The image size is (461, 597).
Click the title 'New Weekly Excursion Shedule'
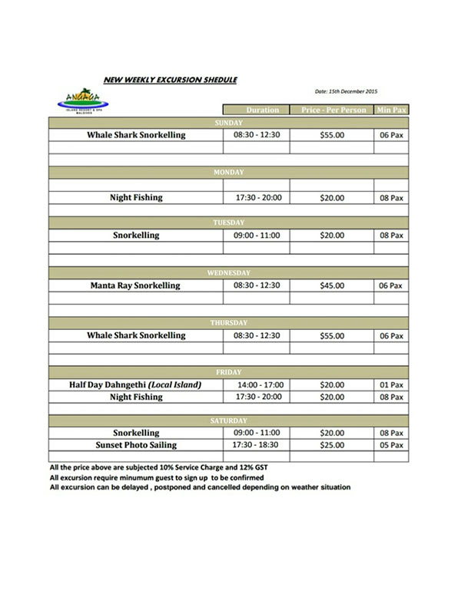pyautogui.click(x=170, y=78)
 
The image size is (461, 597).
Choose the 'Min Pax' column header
pyautogui.click(x=391, y=110)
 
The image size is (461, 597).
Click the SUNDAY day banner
pyautogui.click(x=228, y=123)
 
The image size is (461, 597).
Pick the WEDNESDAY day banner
pyautogui.click(x=228, y=272)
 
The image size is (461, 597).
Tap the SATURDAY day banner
pyautogui.click(x=228, y=421)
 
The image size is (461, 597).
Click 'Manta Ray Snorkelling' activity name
pyautogui.click(x=135, y=285)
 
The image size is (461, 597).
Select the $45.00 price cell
pyautogui.click(x=332, y=285)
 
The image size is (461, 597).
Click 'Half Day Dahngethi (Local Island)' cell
pyautogui.click(x=135, y=384)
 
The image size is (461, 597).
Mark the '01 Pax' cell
pyautogui.click(x=391, y=384)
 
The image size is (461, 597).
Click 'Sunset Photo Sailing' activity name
pyautogui.click(x=135, y=445)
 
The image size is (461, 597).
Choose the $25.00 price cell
pyautogui.click(x=332, y=445)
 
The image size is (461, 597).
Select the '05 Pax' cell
pyautogui.click(x=391, y=445)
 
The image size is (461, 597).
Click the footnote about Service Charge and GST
pyautogui.click(x=161, y=467)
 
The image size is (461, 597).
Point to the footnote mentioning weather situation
pyautogui.click(x=199, y=487)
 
